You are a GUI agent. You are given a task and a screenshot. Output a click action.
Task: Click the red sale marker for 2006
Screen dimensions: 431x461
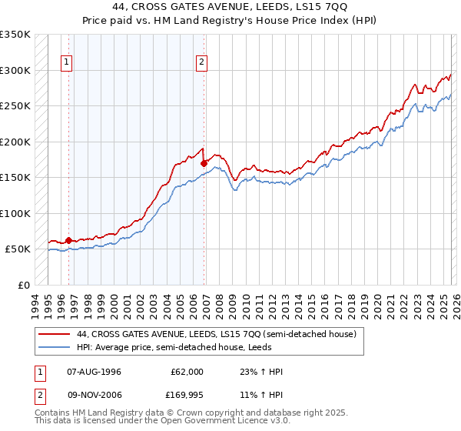tap(204, 163)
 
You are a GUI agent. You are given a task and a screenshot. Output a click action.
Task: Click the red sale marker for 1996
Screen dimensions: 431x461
tap(68, 240)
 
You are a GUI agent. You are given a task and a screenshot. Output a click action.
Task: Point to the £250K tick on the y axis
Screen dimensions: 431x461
tap(15, 106)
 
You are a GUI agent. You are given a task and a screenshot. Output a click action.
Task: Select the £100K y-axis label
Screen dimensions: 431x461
tap(15, 213)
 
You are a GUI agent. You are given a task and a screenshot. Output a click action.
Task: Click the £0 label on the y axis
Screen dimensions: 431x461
tap(22, 285)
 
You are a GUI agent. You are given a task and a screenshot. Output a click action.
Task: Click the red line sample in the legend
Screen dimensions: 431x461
tap(55, 335)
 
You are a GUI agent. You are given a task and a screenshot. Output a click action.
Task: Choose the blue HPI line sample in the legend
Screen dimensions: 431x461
tap(55, 348)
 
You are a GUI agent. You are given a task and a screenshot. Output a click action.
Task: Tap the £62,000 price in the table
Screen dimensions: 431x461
tap(187, 372)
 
